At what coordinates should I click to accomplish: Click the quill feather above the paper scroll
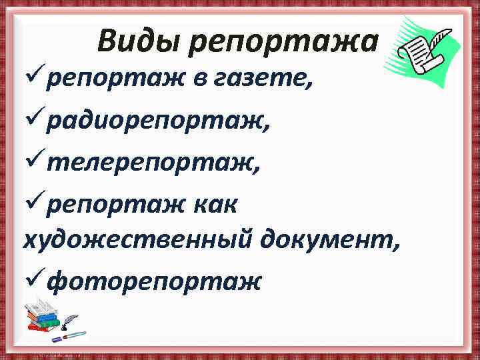pos(440,37)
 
